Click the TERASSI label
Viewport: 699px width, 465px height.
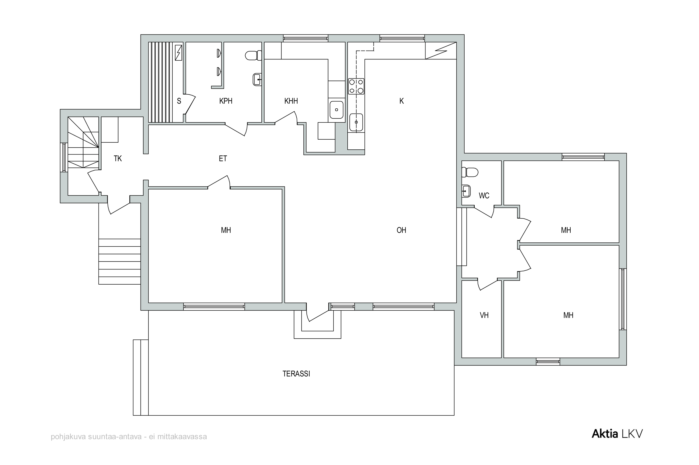click(296, 374)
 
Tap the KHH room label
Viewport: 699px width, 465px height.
click(291, 101)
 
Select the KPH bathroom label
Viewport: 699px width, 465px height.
click(226, 101)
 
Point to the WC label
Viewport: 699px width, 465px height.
click(484, 196)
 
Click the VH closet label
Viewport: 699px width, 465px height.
click(484, 315)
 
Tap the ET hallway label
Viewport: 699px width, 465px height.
click(223, 159)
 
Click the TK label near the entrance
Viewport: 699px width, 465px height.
click(118, 159)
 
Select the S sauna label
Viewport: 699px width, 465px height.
click(179, 101)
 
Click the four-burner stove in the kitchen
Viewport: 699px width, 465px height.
click(356, 86)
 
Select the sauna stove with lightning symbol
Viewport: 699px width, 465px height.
click(178, 52)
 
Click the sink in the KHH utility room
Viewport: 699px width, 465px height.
click(336, 110)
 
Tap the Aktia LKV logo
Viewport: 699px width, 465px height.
click(617, 434)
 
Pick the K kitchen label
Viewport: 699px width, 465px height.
click(401, 101)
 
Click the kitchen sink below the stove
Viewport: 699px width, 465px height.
click(356, 122)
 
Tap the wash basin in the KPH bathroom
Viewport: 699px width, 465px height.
click(257, 79)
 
